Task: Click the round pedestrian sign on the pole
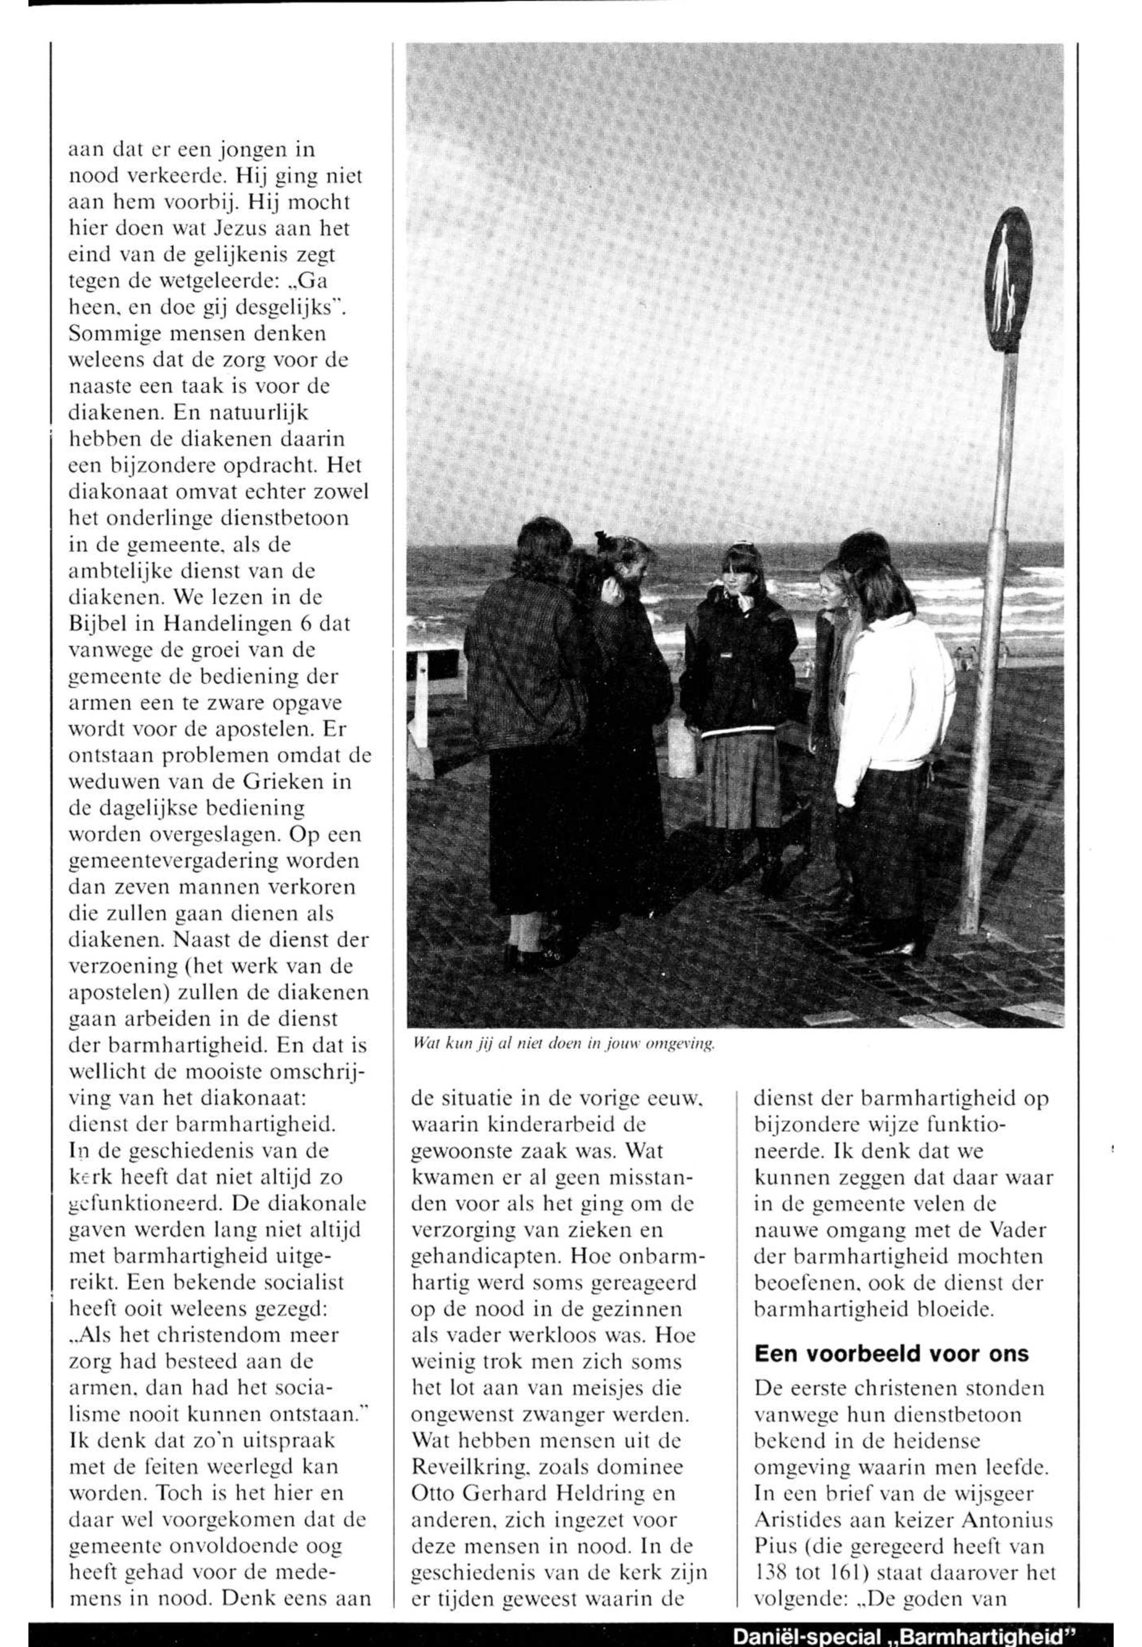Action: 1009,280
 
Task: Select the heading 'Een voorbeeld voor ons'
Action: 891,1354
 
